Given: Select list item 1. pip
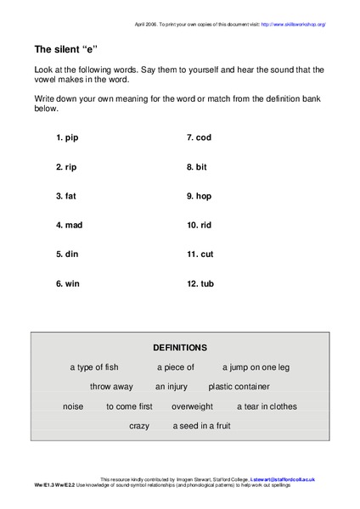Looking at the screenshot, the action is click(69, 137).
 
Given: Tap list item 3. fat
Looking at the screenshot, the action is click(66, 196).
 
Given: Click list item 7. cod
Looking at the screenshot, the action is click(199, 137).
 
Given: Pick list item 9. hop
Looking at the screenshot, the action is click(199, 196).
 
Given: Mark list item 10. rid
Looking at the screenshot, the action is click(200, 225).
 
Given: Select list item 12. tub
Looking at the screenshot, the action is click(200, 283).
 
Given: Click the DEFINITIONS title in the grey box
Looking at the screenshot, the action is click(179, 348).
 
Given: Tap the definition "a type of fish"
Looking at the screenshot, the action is click(94, 367).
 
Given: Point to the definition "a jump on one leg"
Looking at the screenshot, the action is click(256, 367).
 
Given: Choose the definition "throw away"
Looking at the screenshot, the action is click(111, 387).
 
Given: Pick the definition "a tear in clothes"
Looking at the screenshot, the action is click(267, 406).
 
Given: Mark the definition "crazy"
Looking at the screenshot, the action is click(139, 426).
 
